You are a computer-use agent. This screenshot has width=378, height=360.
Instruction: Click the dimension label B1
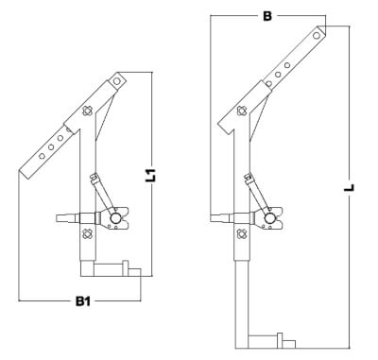[83, 301]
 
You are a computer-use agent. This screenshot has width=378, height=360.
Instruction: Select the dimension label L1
[151, 174]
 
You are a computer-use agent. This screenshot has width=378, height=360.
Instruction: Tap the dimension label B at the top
[267, 15]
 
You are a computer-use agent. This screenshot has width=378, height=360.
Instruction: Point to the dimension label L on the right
[349, 187]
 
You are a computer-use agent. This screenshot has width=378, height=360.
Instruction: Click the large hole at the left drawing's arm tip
[117, 81]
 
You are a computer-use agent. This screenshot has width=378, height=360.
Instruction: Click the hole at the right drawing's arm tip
[316, 36]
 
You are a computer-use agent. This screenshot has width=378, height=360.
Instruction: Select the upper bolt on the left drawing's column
[87, 111]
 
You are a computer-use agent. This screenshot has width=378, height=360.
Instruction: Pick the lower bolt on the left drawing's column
[86, 234]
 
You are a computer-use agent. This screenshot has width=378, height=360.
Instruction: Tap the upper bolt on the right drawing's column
[242, 111]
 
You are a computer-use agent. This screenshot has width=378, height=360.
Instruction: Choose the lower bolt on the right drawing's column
[242, 233]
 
